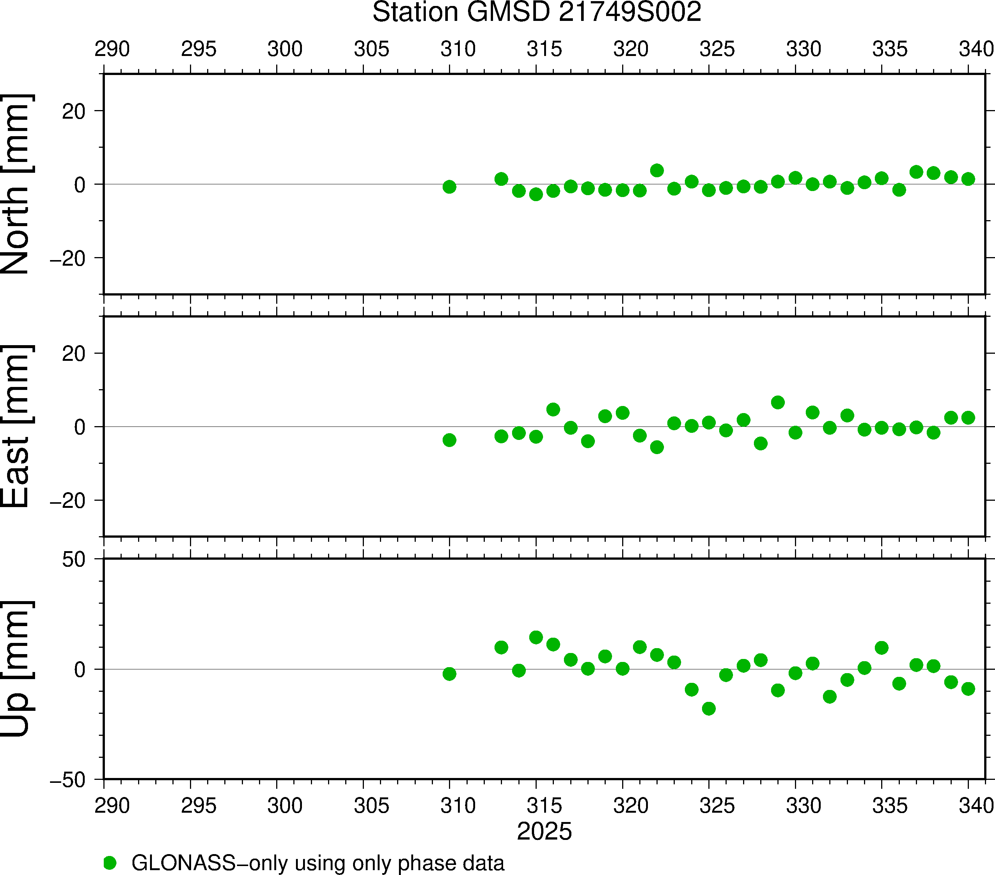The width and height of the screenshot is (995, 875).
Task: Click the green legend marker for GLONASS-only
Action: pyautogui.click(x=110, y=863)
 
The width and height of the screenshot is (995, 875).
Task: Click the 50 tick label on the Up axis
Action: pyautogui.click(x=74, y=560)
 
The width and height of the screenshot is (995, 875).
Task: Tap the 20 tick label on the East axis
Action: pyautogui.click(x=74, y=354)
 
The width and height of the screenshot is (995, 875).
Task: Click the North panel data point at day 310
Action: pyautogui.click(x=449, y=187)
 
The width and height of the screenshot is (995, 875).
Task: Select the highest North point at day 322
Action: pyautogui.click(x=657, y=170)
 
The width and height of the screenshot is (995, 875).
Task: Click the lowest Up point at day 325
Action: pyautogui.click(x=709, y=709)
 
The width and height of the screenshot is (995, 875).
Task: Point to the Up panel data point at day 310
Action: pyautogui.click(x=449, y=674)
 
